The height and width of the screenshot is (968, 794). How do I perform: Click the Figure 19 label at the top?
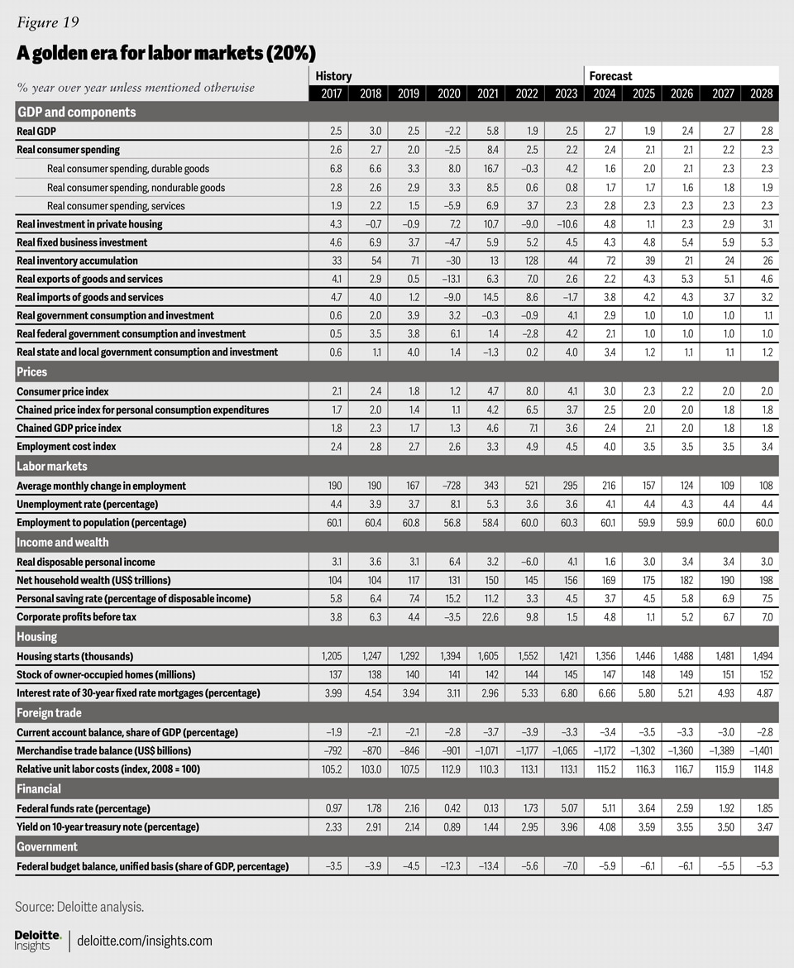pos(49,22)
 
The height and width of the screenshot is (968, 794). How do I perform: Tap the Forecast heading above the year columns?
pos(610,76)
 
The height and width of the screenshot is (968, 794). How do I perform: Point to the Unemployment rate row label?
pos(87,504)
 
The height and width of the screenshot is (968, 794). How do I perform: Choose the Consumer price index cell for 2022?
pos(526,391)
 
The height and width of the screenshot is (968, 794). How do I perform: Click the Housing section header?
pos(37,637)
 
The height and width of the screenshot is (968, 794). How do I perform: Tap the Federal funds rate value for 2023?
pos(564,808)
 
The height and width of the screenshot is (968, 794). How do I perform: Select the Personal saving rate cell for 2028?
pos(762,598)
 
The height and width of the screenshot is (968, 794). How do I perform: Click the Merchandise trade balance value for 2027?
pos(721,750)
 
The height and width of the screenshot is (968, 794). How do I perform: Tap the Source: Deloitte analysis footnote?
pos(79,907)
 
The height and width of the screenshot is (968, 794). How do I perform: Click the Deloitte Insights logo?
pos(37,940)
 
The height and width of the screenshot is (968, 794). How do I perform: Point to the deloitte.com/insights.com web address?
pos(145,941)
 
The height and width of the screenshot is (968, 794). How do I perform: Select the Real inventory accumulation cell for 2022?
pos(526,261)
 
